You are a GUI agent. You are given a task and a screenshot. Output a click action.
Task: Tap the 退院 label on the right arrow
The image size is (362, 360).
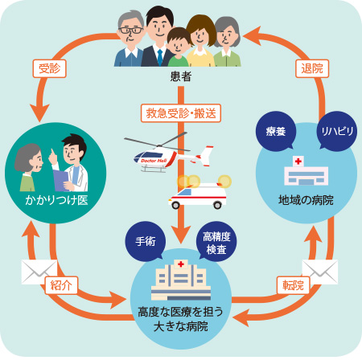311,68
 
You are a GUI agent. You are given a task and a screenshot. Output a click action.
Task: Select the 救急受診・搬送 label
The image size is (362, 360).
181,112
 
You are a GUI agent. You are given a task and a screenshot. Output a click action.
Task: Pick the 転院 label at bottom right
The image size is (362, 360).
293,285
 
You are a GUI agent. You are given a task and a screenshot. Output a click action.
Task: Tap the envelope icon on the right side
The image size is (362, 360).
319,272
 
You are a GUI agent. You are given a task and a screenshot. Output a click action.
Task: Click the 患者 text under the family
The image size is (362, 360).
181,77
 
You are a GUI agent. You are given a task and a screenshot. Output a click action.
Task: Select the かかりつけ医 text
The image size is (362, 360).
56,198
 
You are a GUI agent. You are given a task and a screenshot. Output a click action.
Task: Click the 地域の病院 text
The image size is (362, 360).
305,198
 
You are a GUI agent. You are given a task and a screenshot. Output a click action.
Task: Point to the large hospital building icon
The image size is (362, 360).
181,278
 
